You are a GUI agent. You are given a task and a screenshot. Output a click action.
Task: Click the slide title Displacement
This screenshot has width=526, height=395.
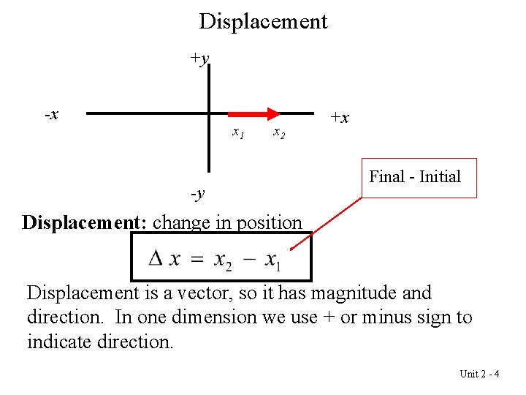tap(263, 21)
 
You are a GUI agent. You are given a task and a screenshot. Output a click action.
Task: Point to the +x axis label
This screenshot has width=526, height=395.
tap(339, 117)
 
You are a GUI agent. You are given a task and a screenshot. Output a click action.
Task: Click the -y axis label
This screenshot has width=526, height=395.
tap(197, 194)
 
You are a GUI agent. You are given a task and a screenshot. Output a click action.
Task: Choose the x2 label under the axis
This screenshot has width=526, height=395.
tap(278, 133)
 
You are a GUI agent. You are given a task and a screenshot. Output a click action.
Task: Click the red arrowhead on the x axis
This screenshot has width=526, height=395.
tap(272, 113)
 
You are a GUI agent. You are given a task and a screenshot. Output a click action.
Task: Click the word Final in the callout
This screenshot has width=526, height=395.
tap(386, 176)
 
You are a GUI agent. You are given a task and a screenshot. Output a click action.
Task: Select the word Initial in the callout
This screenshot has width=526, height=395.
tap(439, 176)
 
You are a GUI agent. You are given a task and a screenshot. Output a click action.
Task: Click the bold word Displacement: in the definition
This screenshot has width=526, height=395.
tap(85, 222)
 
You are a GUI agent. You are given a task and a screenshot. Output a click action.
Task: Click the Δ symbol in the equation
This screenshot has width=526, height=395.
tap(156, 258)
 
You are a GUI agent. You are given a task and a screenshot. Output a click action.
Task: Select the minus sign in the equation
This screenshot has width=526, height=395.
tap(248, 259)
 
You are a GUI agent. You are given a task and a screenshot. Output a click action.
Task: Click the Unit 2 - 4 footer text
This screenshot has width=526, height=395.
tap(479, 374)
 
